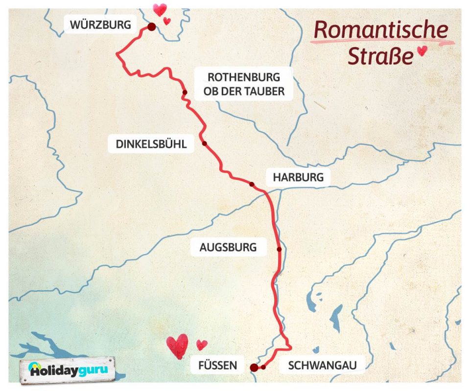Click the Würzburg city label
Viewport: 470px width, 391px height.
coord(101,24)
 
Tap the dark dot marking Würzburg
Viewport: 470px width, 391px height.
coord(152,27)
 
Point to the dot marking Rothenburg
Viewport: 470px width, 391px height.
coord(185,92)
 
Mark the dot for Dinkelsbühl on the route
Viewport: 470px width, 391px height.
coord(204,144)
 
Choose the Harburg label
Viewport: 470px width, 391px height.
coord(298,177)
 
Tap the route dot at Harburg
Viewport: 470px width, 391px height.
coord(252,184)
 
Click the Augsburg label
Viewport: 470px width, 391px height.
coord(228,247)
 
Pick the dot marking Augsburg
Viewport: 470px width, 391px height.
coord(279,249)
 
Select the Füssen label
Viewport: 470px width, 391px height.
coord(217,365)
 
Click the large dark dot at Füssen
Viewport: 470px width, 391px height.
coord(254,368)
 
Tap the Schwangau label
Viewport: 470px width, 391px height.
coord(320,365)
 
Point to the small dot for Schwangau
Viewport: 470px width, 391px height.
coord(263,367)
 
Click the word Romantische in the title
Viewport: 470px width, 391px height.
coord(380,30)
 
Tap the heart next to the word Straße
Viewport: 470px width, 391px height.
coord(421,51)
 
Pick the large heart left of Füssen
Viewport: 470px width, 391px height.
coord(177,345)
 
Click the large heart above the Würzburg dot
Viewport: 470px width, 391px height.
coord(160,9)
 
